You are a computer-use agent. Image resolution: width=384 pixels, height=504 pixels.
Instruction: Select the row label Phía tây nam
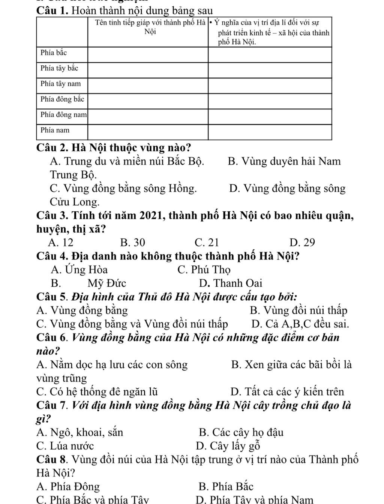[x=60, y=83]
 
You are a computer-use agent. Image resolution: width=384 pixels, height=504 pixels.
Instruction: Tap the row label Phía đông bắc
[x=62, y=99]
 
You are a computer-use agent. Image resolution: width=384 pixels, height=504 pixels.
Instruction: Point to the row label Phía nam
[x=55, y=130]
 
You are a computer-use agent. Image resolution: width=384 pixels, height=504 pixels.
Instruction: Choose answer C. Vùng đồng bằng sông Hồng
[x=123, y=188]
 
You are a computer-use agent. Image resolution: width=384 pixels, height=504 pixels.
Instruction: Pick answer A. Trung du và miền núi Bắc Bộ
[x=127, y=161]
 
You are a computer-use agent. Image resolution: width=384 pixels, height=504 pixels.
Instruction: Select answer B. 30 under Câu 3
[x=132, y=242]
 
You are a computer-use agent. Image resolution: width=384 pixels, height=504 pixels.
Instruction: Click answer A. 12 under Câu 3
[x=61, y=242]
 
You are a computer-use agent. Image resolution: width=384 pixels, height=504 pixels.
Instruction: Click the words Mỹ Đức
[x=107, y=283]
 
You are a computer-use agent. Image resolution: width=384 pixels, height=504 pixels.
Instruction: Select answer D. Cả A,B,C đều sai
[x=300, y=323]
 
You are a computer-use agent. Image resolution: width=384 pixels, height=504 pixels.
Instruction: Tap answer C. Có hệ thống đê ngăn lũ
[x=97, y=392]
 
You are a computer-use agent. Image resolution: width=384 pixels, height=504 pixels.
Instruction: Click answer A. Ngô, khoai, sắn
[x=79, y=433]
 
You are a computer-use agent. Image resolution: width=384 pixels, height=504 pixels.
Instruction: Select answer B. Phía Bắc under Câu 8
[x=226, y=487]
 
